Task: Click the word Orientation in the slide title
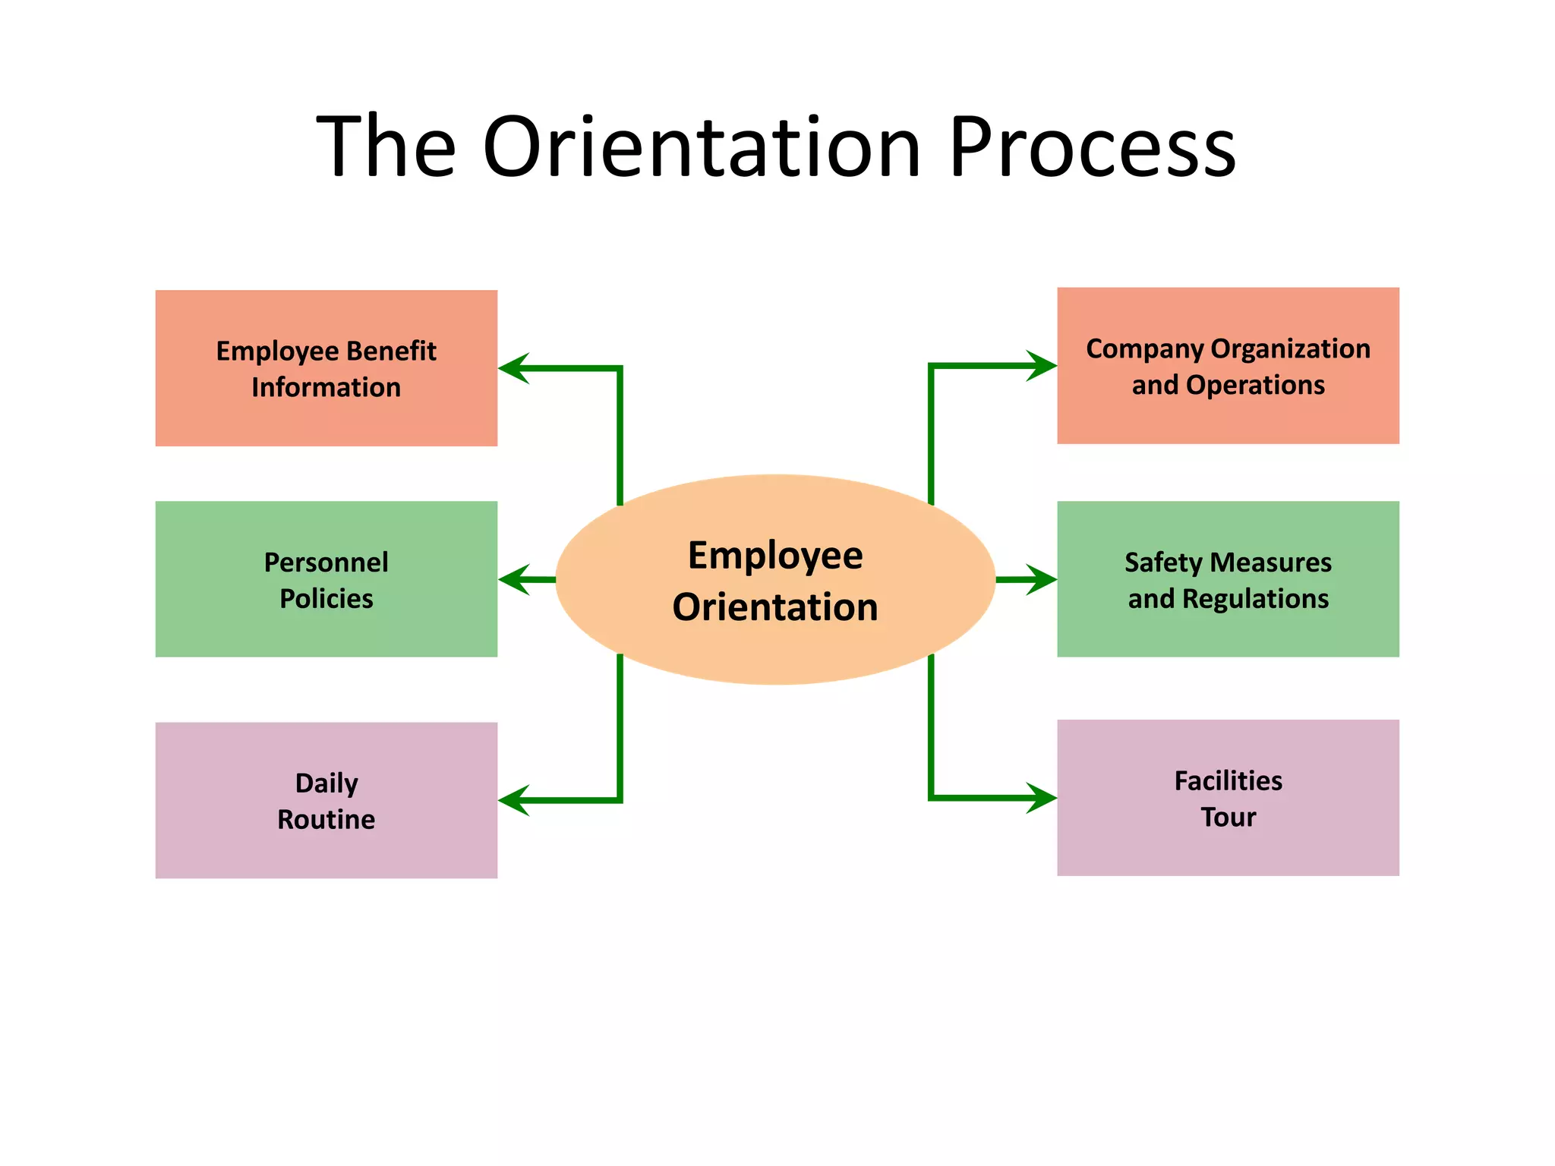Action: (x=702, y=147)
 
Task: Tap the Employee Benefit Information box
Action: (x=326, y=368)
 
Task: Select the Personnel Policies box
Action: (x=326, y=579)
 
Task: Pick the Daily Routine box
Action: (x=326, y=800)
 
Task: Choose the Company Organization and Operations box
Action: (x=1228, y=366)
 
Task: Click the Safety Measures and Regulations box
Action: (x=1228, y=579)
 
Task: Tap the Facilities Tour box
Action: (x=1228, y=798)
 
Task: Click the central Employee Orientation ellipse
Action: (x=775, y=580)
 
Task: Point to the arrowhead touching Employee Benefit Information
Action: (x=513, y=368)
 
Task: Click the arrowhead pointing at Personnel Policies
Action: (x=513, y=580)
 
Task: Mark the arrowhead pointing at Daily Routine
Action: (x=513, y=800)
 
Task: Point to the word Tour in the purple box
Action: (x=1228, y=817)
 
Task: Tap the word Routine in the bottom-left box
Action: (x=326, y=819)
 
